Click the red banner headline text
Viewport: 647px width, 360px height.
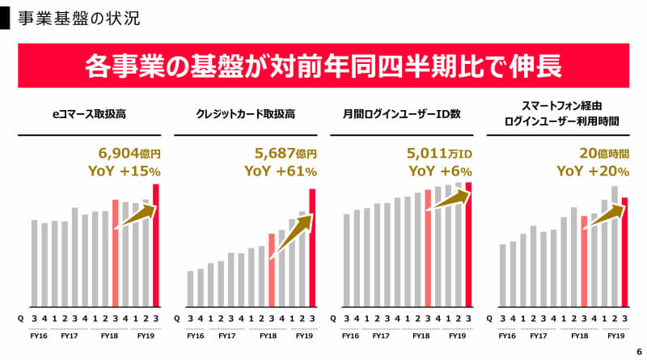coord(323,66)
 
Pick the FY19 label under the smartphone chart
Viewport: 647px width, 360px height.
coord(615,335)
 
